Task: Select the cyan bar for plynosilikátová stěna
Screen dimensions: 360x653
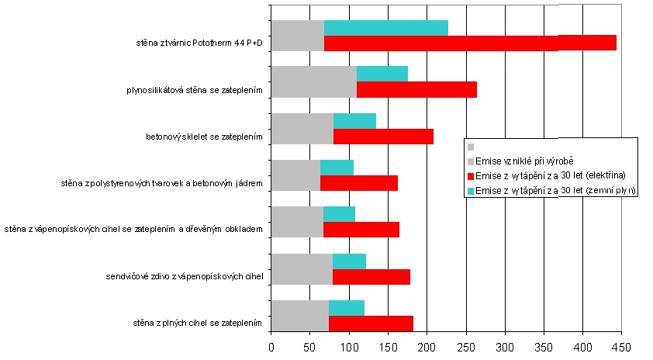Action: pyautogui.click(x=382, y=74)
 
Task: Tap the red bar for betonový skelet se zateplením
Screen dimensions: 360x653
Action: pyautogui.click(x=383, y=137)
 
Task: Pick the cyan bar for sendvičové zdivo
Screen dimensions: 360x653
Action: pyautogui.click(x=349, y=261)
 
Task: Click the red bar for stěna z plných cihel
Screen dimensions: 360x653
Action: pyautogui.click(x=371, y=323)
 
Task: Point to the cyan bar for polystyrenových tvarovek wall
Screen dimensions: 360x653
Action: pyautogui.click(x=337, y=168)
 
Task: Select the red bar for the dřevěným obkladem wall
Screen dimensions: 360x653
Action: pyautogui.click(x=361, y=230)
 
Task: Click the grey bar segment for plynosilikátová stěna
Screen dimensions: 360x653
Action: pyautogui.click(x=313, y=81)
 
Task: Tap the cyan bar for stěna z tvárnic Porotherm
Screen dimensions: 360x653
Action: pyautogui.click(x=386, y=28)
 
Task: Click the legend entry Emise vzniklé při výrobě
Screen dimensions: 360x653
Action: pyautogui.click(x=513, y=161)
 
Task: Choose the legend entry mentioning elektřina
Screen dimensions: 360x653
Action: pyautogui.click(x=550, y=175)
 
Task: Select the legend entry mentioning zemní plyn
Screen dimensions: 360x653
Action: pyautogui.click(x=555, y=189)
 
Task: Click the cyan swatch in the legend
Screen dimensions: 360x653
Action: pyautogui.click(x=470, y=190)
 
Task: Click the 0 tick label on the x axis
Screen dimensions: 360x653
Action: pyautogui.click(x=271, y=347)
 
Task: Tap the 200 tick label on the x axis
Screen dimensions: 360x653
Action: pyautogui.click(x=427, y=347)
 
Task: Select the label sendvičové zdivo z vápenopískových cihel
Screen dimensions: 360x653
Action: pyautogui.click(x=184, y=276)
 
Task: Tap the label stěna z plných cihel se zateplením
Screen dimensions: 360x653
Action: pyautogui.click(x=197, y=323)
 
